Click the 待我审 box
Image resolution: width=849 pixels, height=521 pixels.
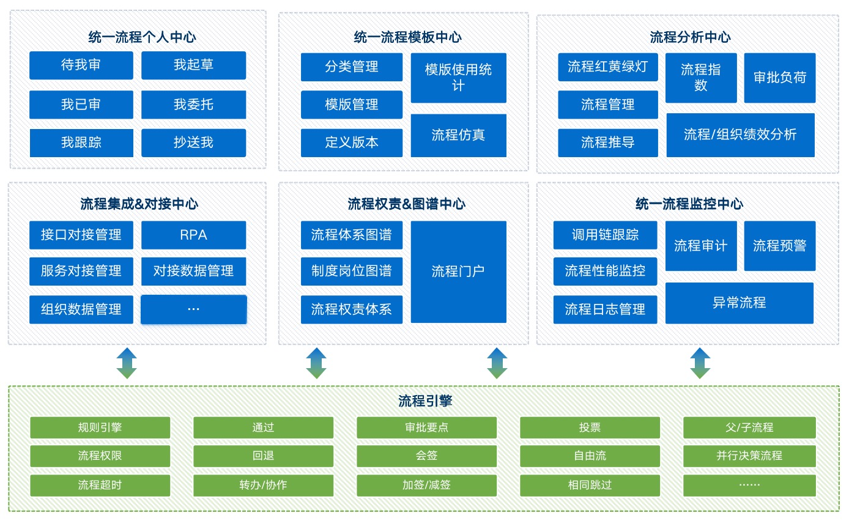click(x=81, y=65)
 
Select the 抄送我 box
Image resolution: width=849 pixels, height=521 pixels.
click(x=193, y=142)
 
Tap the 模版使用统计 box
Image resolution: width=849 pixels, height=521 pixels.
click(x=458, y=78)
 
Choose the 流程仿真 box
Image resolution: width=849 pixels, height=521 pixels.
click(x=458, y=135)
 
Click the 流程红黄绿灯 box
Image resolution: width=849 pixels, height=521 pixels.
click(x=607, y=67)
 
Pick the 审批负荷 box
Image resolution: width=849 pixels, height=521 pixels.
click(x=779, y=78)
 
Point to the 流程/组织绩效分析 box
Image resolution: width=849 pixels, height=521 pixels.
click(x=740, y=135)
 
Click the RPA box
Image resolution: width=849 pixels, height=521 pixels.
click(x=193, y=235)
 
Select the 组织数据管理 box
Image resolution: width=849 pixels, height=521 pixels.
click(x=81, y=309)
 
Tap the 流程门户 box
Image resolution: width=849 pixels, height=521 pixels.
click(x=458, y=272)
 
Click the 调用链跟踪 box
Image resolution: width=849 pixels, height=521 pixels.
click(x=605, y=235)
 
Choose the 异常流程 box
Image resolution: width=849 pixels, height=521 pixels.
click(x=739, y=303)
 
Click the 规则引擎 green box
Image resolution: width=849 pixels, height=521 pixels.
click(x=100, y=427)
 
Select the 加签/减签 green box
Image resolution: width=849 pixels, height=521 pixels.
click(x=426, y=485)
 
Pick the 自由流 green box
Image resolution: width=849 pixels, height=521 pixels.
click(x=590, y=456)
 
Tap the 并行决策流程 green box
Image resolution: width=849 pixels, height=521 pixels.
click(x=749, y=456)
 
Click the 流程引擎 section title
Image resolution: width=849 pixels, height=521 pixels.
click(x=424, y=402)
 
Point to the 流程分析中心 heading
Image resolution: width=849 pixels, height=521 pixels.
click(x=690, y=37)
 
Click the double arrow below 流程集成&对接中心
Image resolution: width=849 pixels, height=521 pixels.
click(x=127, y=363)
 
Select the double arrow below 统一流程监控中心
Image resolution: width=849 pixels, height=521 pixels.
click(x=700, y=363)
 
